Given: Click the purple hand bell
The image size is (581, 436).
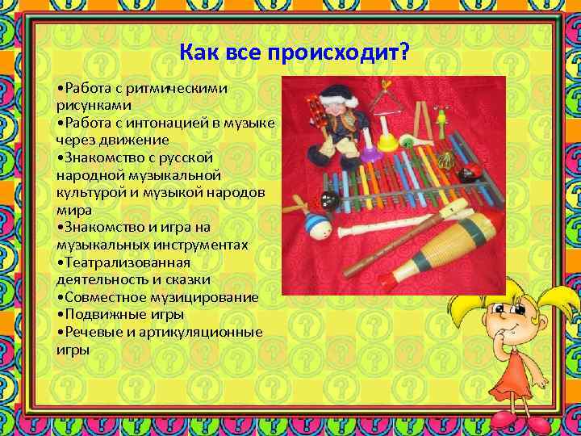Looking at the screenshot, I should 369,149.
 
